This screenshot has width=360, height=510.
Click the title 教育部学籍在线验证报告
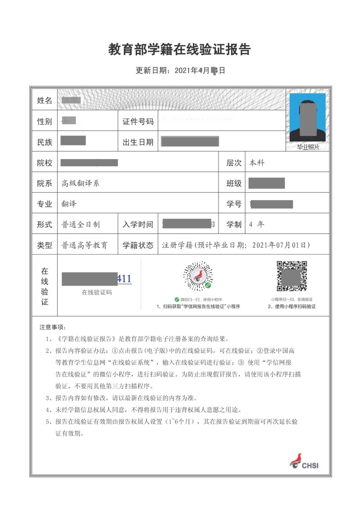pyautogui.click(x=179, y=49)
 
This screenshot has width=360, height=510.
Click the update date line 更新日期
pyautogui.click(x=180, y=71)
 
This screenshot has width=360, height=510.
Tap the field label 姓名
pyautogui.click(x=45, y=100)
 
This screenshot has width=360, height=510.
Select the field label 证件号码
pyautogui.click(x=138, y=122)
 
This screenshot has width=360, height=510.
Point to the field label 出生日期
pyautogui.click(x=138, y=142)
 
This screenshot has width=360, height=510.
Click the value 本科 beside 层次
pyautogui.click(x=257, y=163)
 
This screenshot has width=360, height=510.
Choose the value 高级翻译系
pyautogui.click(x=80, y=183)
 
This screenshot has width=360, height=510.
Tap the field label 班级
pyautogui.click(x=234, y=183)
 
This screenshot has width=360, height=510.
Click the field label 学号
pyautogui.click(x=234, y=204)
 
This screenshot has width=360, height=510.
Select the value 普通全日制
pyautogui.click(x=81, y=224)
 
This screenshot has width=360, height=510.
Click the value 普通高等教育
pyautogui.click(x=84, y=245)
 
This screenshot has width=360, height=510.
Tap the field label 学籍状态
pyautogui.click(x=138, y=245)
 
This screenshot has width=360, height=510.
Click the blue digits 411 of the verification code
pyautogui.click(x=124, y=279)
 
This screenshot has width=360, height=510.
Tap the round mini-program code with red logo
pyautogui.click(x=198, y=276)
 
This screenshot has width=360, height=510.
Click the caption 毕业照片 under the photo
pyautogui.click(x=308, y=147)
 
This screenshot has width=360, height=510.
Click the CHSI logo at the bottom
pyautogui.click(x=304, y=461)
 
